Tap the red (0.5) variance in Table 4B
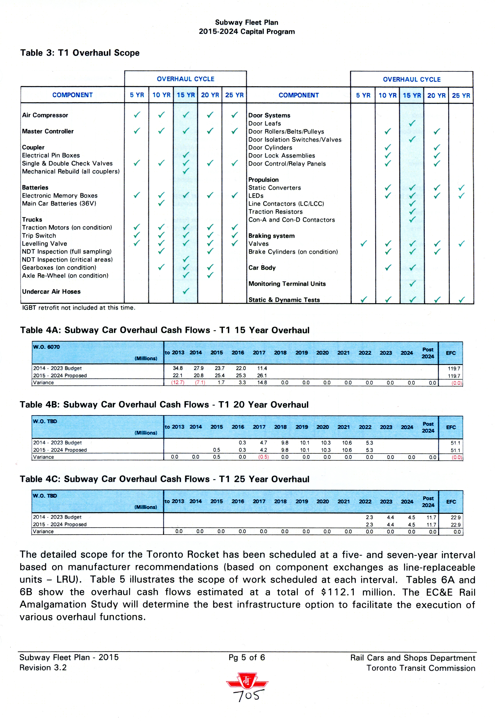click(263, 457)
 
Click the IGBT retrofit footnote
click(79, 308)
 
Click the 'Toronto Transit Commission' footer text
click(420, 668)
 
